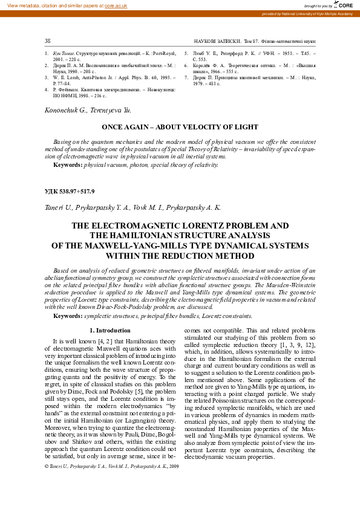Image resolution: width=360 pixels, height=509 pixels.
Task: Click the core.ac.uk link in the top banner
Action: (x=116, y=5)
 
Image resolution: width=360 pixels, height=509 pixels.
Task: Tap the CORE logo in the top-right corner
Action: (x=344, y=5)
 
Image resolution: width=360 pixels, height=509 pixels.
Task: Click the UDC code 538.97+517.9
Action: (x=70, y=191)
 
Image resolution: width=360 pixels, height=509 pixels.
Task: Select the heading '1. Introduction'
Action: (x=110, y=330)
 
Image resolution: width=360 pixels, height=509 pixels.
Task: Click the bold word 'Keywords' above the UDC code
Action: (x=67, y=164)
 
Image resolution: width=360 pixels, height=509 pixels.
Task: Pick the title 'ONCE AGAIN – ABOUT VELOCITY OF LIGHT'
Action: (x=180, y=128)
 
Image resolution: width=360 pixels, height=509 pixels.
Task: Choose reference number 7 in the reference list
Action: (x=186, y=77)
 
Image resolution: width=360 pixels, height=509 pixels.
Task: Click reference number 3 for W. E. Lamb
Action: (x=47, y=77)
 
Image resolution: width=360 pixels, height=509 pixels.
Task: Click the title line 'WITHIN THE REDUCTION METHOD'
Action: (x=180, y=256)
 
